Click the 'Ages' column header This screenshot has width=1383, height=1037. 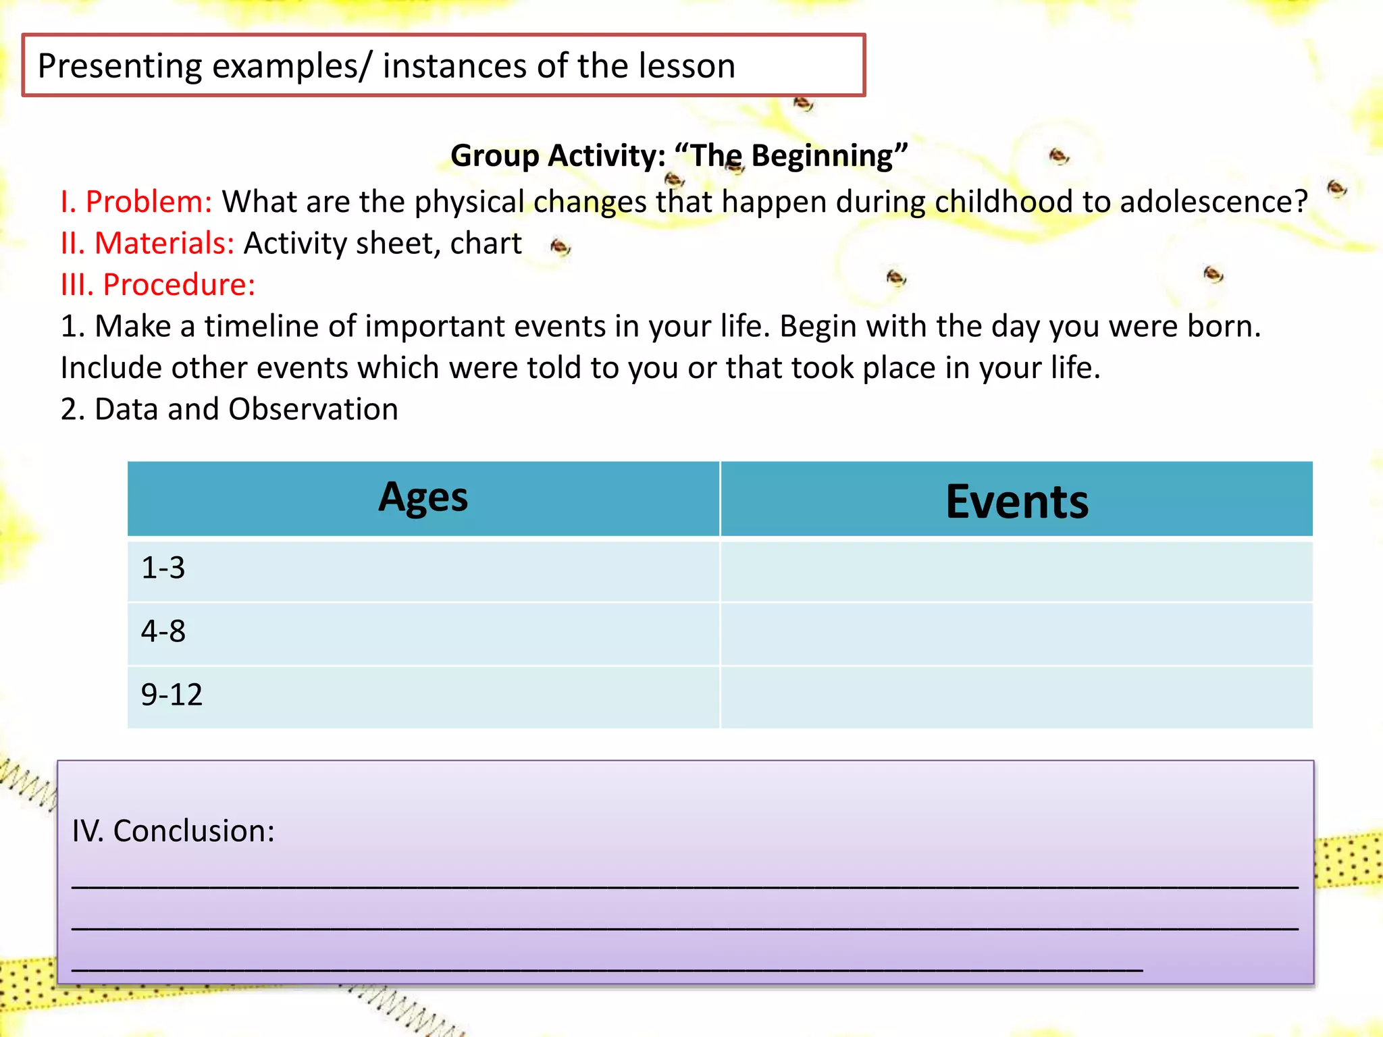423,499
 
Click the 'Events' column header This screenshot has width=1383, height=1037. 1016,501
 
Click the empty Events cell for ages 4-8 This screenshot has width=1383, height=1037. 1016,633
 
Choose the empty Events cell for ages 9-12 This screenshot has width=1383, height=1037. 1016,696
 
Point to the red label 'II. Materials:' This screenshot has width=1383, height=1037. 147,243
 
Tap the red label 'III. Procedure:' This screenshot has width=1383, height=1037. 158,285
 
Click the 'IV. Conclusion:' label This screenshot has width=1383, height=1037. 174,830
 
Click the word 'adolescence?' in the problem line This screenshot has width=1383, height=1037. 1214,202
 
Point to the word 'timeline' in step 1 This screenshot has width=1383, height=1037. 262,327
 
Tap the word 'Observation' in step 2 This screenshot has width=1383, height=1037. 313,409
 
